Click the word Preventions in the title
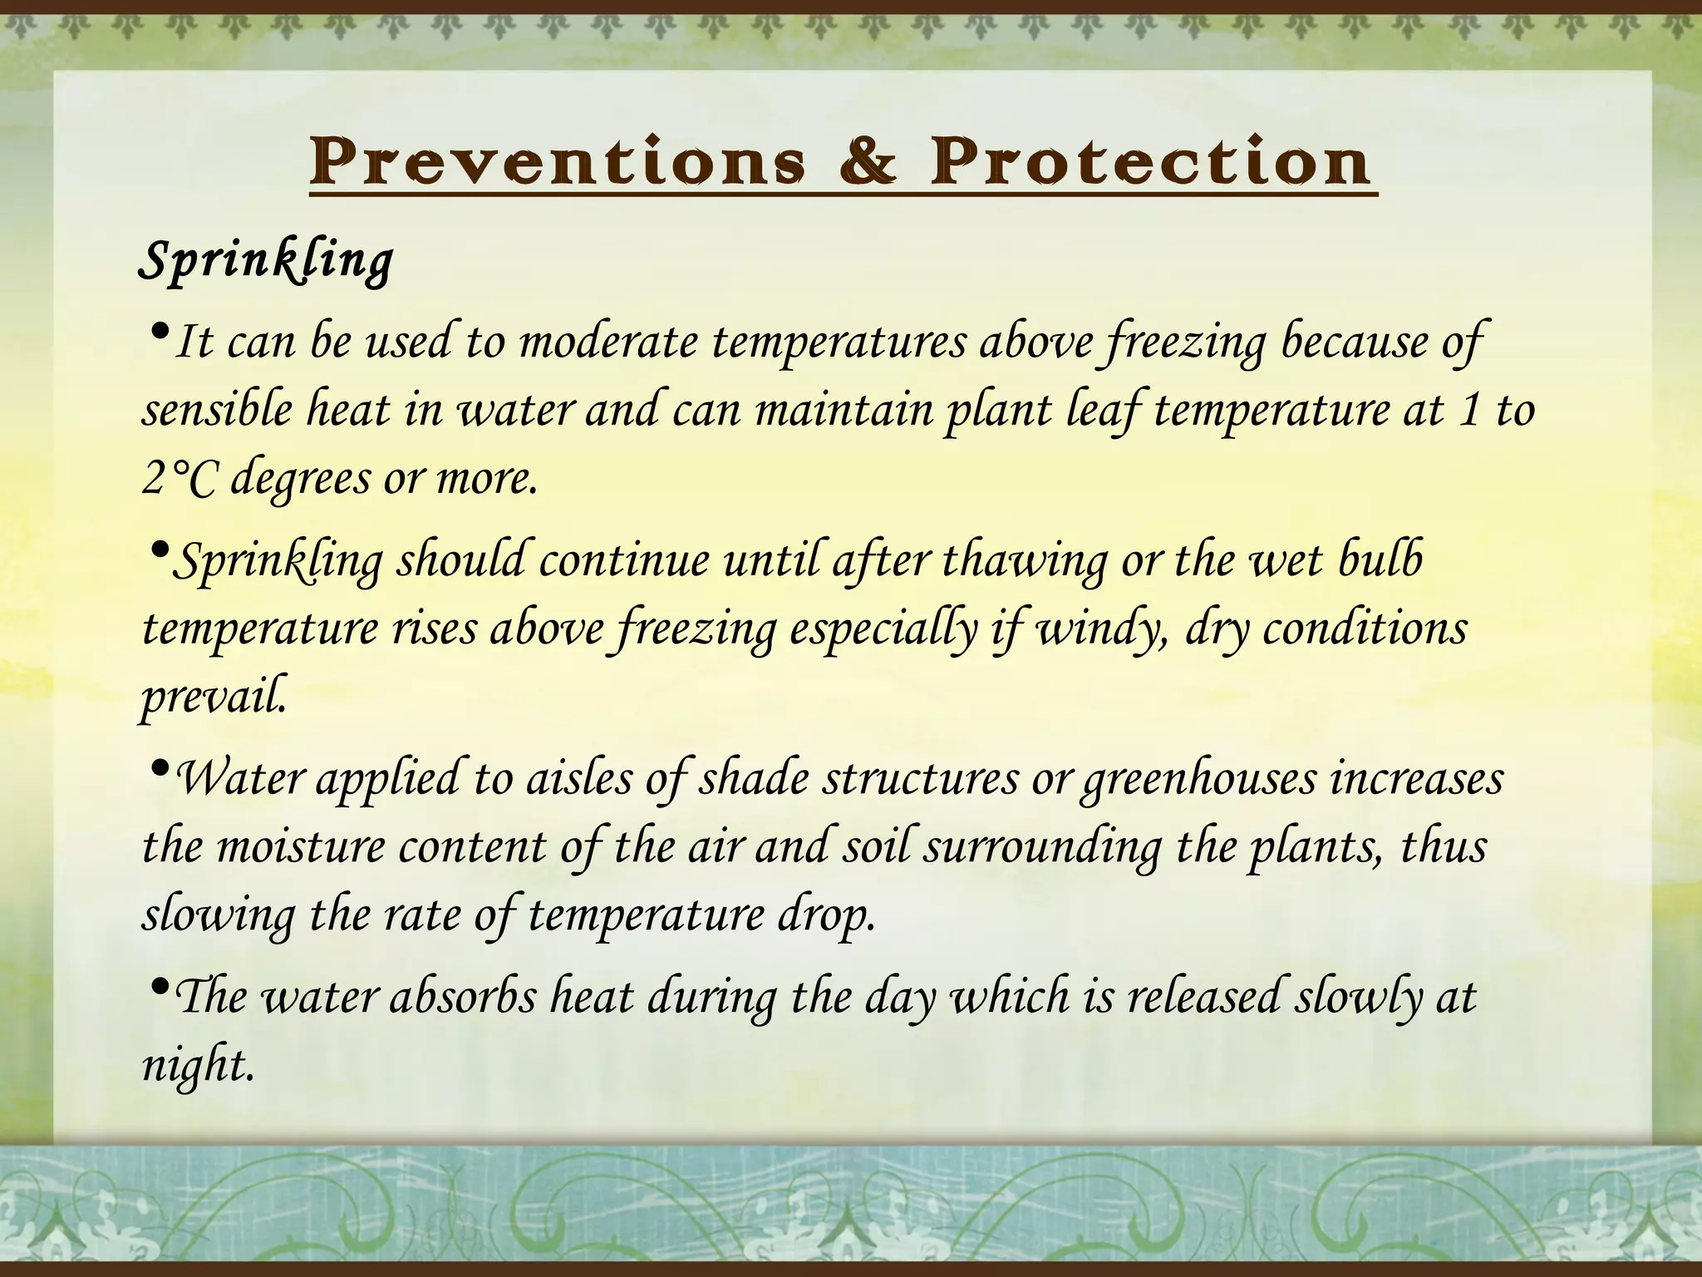(x=557, y=161)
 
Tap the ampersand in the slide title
(x=868, y=161)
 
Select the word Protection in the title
(x=1151, y=161)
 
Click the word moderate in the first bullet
(x=608, y=343)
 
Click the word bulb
(x=1380, y=560)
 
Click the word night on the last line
(x=197, y=1065)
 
